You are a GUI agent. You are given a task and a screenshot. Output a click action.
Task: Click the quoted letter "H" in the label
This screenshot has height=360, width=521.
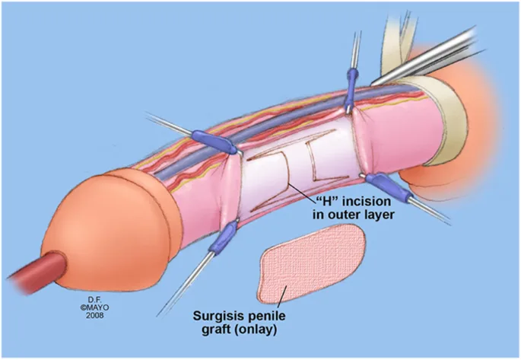327,201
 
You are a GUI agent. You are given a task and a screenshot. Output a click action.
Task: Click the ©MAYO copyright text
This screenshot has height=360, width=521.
95,307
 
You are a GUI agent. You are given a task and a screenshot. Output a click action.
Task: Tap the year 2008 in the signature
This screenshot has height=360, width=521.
95,315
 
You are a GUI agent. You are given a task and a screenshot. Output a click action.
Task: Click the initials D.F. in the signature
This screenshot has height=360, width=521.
94,300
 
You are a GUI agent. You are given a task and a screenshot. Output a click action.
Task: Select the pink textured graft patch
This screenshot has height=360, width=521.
310,263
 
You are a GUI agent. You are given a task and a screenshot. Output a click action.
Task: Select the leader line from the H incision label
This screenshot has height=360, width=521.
303,192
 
